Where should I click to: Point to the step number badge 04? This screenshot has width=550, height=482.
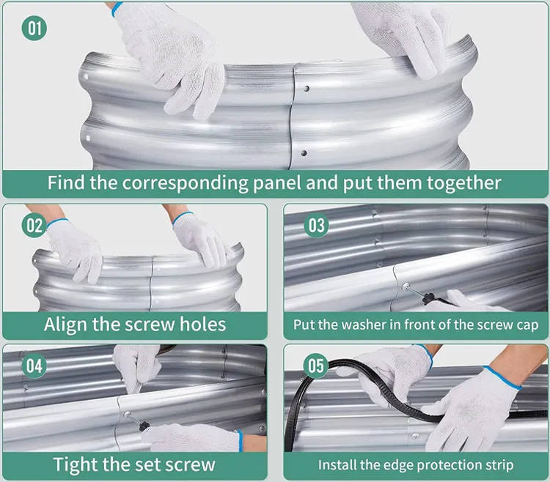pyautogui.click(x=34, y=364)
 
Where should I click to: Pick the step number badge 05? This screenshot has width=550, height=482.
pyautogui.click(x=316, y=364)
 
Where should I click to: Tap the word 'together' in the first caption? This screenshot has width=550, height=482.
pyautogui.click(x=461, y=182)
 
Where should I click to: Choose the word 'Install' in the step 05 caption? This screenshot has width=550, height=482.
pyautogui.click(x=340, y=464)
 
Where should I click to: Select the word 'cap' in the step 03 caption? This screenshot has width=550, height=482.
pyautogui.click(x=526, y=324)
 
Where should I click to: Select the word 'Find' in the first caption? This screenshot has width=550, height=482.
pyautogui.click(x=66, y=182)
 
